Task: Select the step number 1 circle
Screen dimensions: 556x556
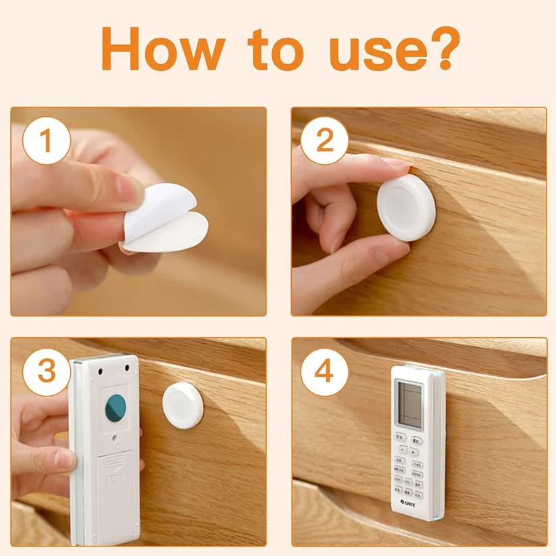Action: pyautogui.click(x=46, y=143)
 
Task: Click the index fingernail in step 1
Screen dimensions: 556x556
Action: pyautogui.click(x=130, y=191)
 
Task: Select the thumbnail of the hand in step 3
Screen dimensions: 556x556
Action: pyautogui.click(x=66, y=459)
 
